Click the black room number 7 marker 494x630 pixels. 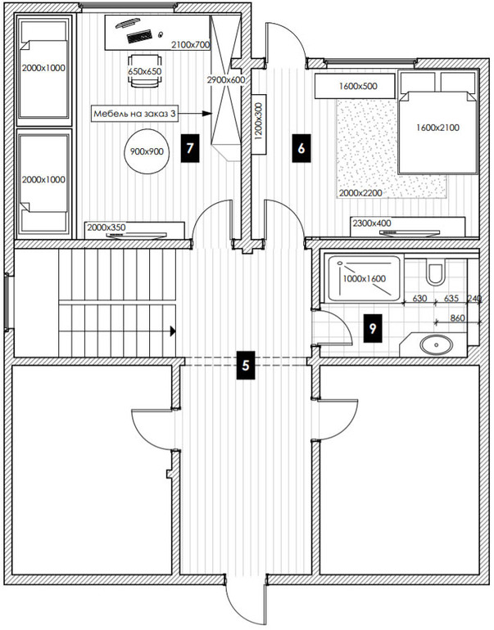coord(190,148)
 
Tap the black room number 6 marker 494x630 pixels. coord(301,148)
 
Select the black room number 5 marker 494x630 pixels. coord(246,365)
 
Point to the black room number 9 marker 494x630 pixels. coord(373,328)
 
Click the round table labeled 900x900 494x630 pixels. coord(147,151)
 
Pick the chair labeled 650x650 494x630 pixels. coord(145,70)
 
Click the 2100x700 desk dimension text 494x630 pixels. coord(191,45)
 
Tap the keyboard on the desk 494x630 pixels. coord(139,36)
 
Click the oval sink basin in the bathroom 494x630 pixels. coord(437,344)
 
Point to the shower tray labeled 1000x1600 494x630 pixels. coord(364,278)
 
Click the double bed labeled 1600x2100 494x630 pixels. coord(437,123)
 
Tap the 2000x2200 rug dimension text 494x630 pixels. coord(360,193)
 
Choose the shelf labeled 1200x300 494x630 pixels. coord(259,124)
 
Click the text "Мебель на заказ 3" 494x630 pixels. coord(134,114)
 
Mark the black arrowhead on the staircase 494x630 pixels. coord(173,331)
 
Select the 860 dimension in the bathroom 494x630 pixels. coord(457,318)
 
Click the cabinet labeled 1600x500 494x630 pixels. coord(355,86)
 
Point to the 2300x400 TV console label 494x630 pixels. coord(372,223)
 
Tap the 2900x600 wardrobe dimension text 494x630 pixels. coord(225,80)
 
